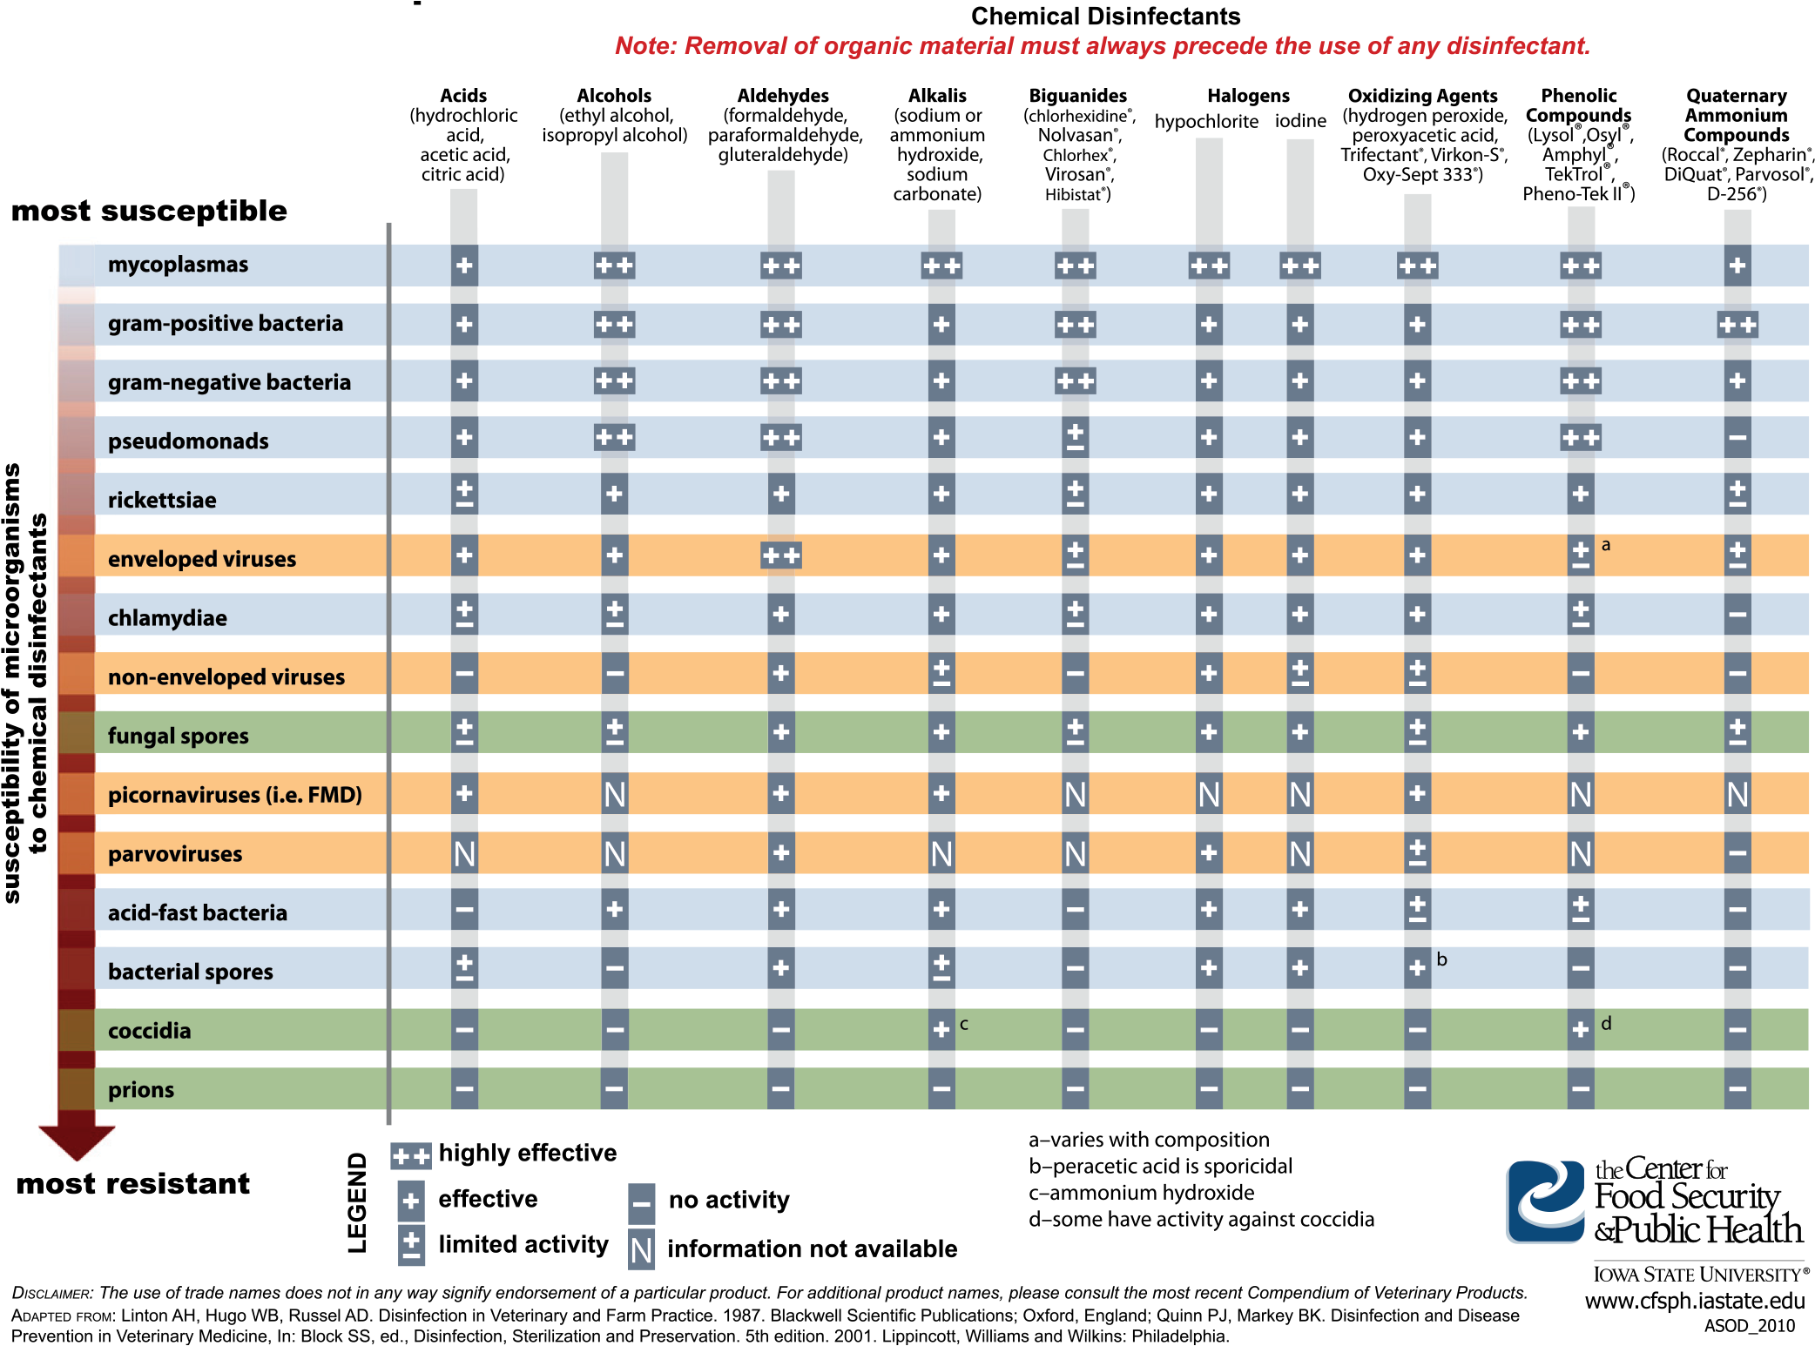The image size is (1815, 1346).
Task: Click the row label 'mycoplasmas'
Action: coord(178,265)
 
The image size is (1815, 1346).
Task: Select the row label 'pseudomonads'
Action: coord(188,441)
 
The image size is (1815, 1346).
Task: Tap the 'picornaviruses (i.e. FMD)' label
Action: coord(234,795)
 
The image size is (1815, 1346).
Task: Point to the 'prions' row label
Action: coord(141,1090)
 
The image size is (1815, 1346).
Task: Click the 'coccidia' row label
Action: coord(149,1031)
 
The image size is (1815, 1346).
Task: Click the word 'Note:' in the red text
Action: coord(645,46)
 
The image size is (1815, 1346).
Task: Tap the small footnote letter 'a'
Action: coord(1606,545)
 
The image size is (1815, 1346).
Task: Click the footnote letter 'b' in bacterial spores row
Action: coord(1441,959)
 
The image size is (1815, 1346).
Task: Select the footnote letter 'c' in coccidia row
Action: coord(964,1024)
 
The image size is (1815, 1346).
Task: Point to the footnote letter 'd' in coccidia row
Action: coord(1606,1024)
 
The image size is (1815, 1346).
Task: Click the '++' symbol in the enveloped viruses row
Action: coord(780,555)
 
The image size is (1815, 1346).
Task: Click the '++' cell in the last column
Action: coord(1737,325)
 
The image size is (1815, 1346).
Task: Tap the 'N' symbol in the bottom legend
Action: coord(641,1250)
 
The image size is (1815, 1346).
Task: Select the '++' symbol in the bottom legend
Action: coord(411,1156)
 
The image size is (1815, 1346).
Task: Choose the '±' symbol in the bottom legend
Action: coord(411,1246)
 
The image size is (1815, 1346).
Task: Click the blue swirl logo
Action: coord(1545,1201)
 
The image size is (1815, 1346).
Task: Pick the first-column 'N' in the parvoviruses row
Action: coord(464,854)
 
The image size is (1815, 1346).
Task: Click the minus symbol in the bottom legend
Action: coord(641,1204)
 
